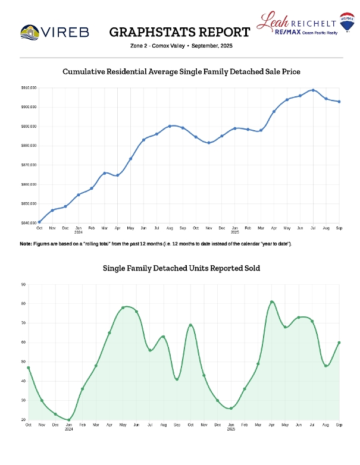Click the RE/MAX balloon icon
click(345, 23)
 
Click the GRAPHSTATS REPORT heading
click(180, 32)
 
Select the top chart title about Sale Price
click(181, 71)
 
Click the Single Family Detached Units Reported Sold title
click(181, 268)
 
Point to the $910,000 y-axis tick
click(29, 88)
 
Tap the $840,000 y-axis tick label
click(29, 223)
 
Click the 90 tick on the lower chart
click(23, 284)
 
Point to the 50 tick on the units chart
click(23, 362)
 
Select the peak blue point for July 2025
click(313, 90)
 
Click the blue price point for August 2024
click(170, 126)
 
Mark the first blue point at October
click(39, 222)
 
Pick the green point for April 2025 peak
click(272, 302)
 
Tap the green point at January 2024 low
click(68, 420)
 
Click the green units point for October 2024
click(190, 325)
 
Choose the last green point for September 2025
click(339, 343)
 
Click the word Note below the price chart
click(25, 244)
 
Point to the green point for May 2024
click(123, 308)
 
